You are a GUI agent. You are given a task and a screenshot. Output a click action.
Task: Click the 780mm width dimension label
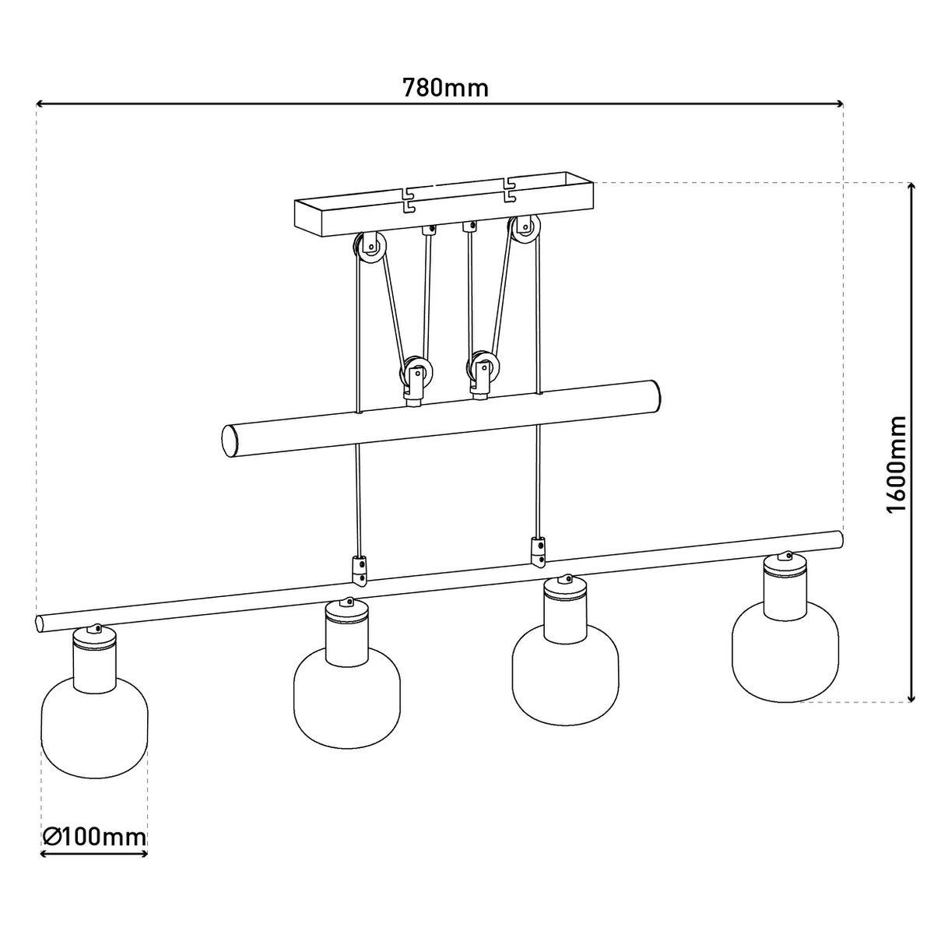445,87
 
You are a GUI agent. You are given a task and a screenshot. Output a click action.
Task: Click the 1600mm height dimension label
897,465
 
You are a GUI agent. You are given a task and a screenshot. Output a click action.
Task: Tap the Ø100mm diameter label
95,837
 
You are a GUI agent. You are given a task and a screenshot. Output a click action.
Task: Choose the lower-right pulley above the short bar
482,369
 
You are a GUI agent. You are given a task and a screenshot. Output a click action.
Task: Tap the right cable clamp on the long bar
538,550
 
